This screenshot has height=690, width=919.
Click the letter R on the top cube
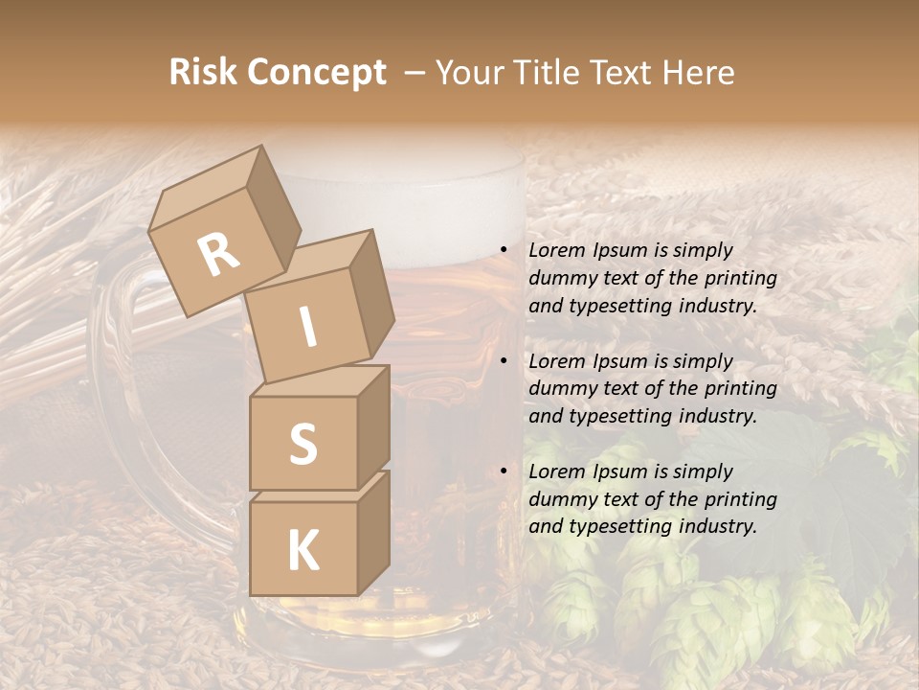click(x=219, y=255)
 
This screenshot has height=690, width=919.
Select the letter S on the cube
click(x=303, y=443)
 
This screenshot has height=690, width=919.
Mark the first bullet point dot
click(x=503, y=251)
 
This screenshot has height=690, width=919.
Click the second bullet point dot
click(x=503, y=361)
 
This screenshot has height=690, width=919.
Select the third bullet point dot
click(x=503, y=471)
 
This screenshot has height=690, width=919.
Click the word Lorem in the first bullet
click(x=556, y=250)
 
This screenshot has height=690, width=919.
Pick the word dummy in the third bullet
click(x=560, y=499)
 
